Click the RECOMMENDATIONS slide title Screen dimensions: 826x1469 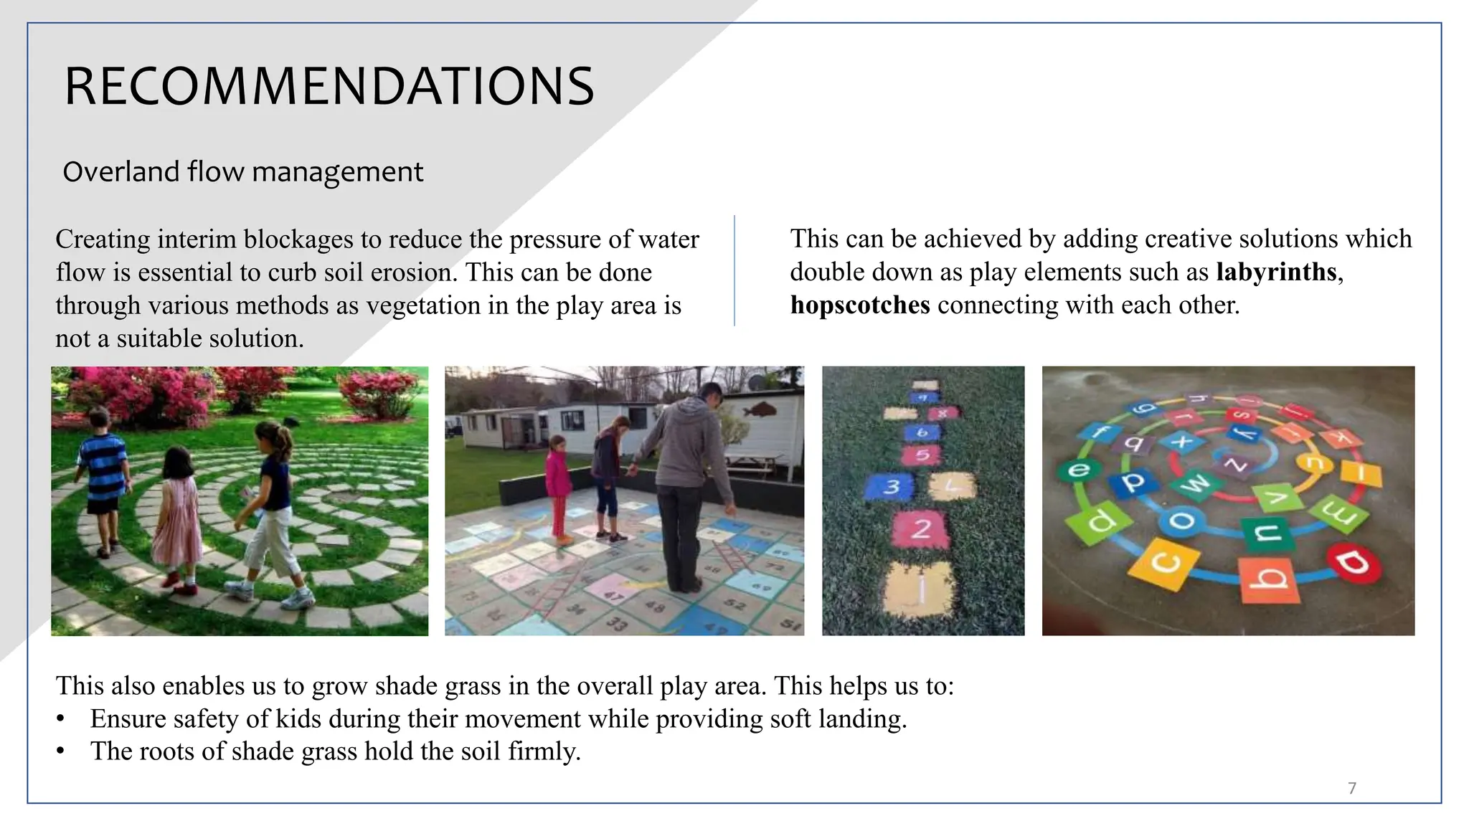(329, 86)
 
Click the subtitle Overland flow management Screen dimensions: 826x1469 (242, 172)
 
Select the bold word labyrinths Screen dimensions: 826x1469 (1276, 272)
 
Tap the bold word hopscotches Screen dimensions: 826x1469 (859, 305)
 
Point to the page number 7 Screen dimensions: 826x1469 (1352, 788)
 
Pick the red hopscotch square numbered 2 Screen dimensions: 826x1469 (921, 529)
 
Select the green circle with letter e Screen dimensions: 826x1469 (1078, 470)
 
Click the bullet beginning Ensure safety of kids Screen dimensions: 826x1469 (498, 718)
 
